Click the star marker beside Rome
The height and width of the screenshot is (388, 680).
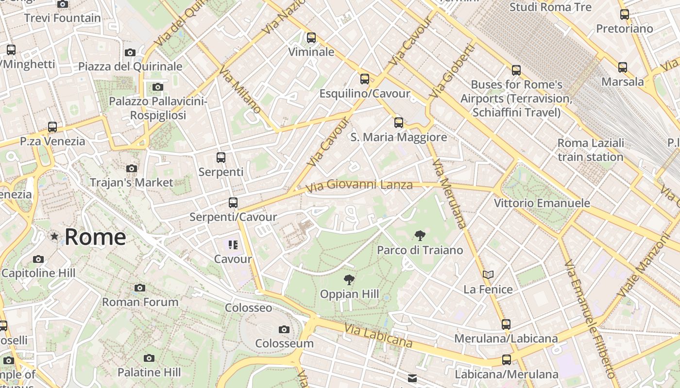pyautogui.click(x=54, y=237)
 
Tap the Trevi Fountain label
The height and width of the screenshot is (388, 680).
pyautogui.click(x=62, y=18)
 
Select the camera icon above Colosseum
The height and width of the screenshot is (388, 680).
pyautogui.click(x=284, y=330)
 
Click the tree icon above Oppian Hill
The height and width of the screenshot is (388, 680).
pyautogui.click(x=349, y=279)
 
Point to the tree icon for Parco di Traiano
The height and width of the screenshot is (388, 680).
pyautogui.click(x=420, y=236)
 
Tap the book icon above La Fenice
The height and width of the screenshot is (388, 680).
pyautogui.click(x=488, y=275)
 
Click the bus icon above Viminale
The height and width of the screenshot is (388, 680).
pyautogui.click(x=311, y=37)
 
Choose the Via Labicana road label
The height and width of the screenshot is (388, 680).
pyautogui.click(x=378, y=336)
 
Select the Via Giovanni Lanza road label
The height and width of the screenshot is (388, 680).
pyautogui.click(x=359, y=185)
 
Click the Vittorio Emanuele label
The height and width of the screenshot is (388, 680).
pyautogui.click(x=542, y=203)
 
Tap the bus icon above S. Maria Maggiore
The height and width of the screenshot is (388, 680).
pyautogui.click(x=399, y=123)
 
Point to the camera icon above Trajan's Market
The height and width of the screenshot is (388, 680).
pyautogui.click(x=131, y=169)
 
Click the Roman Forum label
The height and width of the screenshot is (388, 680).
pyautogui.click(x=140, y=302)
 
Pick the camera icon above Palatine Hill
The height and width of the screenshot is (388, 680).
pyautogui.click(x=149, y=358)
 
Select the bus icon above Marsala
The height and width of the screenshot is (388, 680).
pyautogui.click(x=623, y=67)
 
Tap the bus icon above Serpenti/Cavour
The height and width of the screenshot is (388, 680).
pyautogui.click(x=233, y=203)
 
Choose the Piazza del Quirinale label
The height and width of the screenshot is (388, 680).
pyautogui.click(x=130, y=66)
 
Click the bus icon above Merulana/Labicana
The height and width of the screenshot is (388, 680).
pyautogui.click(x=506, y=324)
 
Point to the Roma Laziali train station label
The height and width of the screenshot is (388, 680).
pyautogui.click(x=591, y=150)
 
